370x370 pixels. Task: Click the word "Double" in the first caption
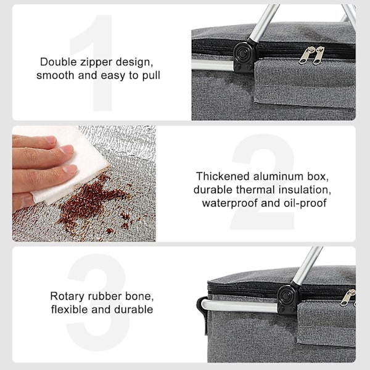[59, 62]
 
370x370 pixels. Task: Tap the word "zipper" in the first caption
[96, 63]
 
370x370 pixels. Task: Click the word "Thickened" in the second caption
[223, 176]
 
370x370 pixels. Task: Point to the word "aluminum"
[279, 176]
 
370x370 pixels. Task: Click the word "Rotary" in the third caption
[67, 297]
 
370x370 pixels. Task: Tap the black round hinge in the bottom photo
[286, 296]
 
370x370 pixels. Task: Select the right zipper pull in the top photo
[318, 55]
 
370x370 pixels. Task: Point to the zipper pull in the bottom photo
[348, 298]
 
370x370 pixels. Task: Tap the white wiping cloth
[71, 165]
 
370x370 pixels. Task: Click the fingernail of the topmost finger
[51, 140]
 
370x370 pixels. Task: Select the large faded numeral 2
[263, 182]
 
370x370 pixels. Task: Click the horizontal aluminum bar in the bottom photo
[239, 306]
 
